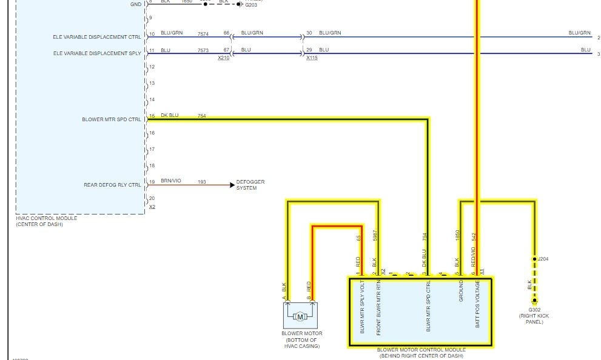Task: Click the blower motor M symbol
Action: click(x=300, y=316)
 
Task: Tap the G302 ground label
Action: click(x=534, y=310)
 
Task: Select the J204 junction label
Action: click(x=544, y=259)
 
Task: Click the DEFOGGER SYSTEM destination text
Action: click(x=250, y=185)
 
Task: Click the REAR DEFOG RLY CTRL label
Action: click(x=112, y=185)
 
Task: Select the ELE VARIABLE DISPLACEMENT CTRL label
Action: click(x=97, y=37)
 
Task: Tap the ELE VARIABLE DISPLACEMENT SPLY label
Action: click(x=97, y=53)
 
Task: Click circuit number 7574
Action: click(x=203, y=33)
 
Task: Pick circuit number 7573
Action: click(x=203, y=50)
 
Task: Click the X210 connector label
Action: click(x=224, y=58)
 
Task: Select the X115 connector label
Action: click(x=312, y=58)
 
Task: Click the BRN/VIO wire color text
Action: click(x=171, y=181)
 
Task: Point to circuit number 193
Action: click(x=202, y=181)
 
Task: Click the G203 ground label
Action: click(x=251, y=4)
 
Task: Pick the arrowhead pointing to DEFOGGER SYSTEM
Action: click(x=232, y=185)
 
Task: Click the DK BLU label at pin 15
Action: click(x=170, y=115)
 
